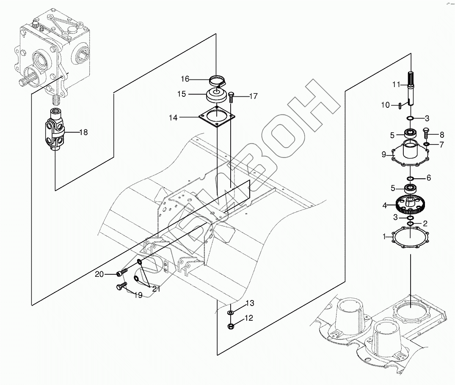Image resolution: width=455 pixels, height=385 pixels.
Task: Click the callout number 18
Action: pos(83,132)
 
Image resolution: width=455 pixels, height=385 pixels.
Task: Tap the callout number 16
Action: pos(185,79)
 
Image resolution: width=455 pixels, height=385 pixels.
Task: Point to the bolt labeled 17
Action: pos(231,97)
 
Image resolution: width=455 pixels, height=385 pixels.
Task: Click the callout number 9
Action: pos(384,155)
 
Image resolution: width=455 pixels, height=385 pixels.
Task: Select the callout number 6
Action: pos(428,178)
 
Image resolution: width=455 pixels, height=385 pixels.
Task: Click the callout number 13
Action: pos(250,303)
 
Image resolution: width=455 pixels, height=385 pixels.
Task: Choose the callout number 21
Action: pos(156,289)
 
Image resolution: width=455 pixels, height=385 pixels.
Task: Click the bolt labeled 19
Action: pos(120,287)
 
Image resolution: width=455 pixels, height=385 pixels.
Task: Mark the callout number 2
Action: pos(425,223)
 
